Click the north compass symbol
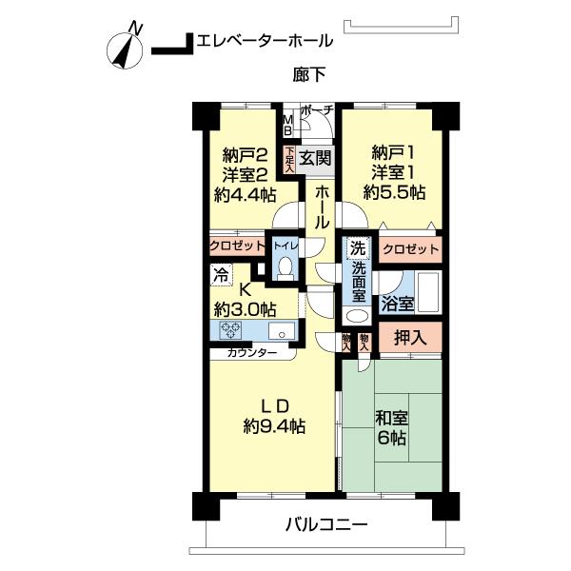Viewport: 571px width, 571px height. coord(126,49)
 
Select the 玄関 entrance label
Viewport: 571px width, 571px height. coord(315,159)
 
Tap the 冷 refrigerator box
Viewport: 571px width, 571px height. coord(220,279)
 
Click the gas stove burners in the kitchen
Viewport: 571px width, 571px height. coord(232,331)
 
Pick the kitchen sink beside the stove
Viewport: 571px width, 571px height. coord(281,331)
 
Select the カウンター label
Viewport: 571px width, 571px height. coord(252,353)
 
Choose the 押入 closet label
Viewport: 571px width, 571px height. coord(410,336)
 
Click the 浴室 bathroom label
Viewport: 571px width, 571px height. coord(398,305)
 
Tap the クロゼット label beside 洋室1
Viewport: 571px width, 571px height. coord(410,249)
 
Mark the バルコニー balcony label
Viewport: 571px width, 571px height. coord(325,524)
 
